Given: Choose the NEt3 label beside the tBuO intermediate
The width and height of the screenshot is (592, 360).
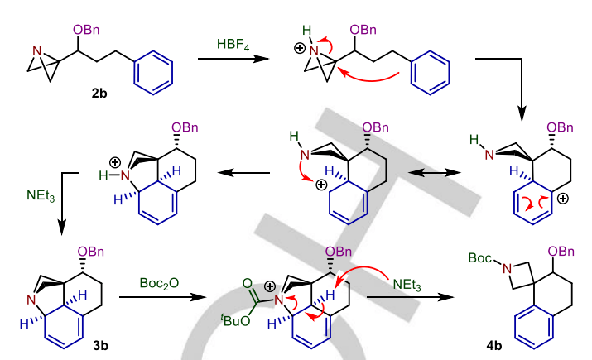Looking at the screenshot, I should [406, 286].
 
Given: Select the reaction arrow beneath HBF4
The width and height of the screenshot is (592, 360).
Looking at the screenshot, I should [233, 59].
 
